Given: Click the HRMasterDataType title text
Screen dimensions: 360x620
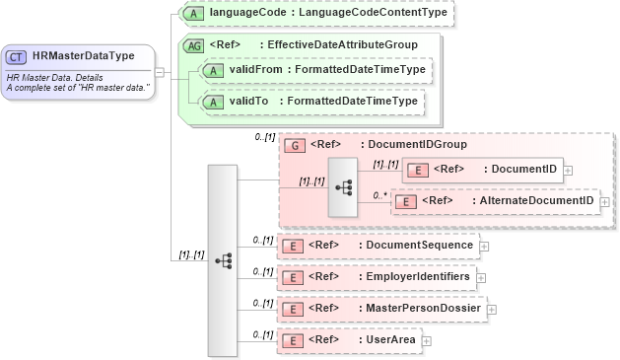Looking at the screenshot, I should point(83,56).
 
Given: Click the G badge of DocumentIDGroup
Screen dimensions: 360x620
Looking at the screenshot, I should point(294,144).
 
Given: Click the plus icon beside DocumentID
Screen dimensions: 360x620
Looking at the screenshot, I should point(569,171).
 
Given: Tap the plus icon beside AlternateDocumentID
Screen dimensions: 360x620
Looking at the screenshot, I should point(604,201).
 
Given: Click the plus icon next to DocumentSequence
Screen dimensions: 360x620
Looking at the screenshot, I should point(483,246).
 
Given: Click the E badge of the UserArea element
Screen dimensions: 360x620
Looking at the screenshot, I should point(292,340).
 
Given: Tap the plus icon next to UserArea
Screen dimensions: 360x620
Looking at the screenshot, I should point(426,341).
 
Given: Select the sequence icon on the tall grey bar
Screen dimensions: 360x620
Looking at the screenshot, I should point(223,260).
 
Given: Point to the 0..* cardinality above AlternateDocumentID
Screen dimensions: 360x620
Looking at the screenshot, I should point(379,195).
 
